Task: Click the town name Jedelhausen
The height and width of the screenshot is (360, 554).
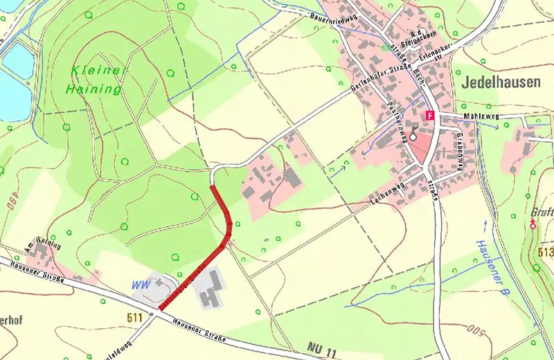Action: pos(498,82)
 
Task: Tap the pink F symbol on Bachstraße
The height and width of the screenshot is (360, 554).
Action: pos(430,116)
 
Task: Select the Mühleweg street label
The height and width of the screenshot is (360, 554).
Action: pos(478,117)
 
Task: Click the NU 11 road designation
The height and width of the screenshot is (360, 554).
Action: pos(321,351)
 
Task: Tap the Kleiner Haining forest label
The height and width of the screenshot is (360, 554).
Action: pos(96,80)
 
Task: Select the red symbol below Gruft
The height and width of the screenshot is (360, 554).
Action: pos(533,224)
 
